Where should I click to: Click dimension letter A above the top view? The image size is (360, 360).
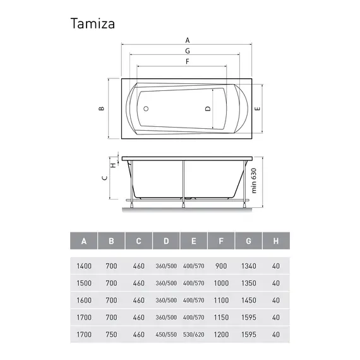click(x=188, y=38)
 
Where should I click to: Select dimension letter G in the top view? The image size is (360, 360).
click(x=188, y=50)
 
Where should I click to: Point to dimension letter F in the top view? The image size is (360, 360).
click(x=188, y=62)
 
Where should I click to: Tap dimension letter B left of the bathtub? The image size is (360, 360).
click(x=101, y=109)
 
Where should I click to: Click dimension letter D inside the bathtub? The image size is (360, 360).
click(x=208, y=109)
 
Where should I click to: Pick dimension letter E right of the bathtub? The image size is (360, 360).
click(x=257, y=109)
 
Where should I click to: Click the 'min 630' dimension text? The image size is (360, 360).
click(x=255, y=181)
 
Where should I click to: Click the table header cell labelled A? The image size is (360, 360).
click(x=84, y=241)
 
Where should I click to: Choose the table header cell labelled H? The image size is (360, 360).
click(x=275, y=241)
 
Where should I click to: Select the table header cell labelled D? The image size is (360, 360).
click(x=166, y=241)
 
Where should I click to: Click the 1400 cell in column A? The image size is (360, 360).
click(x=84, y=265)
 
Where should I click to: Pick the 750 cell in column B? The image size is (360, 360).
click(x=111, y=335)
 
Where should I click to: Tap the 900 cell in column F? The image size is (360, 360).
click(x=220, y=265)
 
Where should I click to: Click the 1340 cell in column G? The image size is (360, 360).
click(x=248, y=265)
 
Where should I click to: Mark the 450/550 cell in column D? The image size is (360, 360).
click(x=166, y=335)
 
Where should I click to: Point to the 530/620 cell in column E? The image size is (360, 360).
click(x=193, y=335)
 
